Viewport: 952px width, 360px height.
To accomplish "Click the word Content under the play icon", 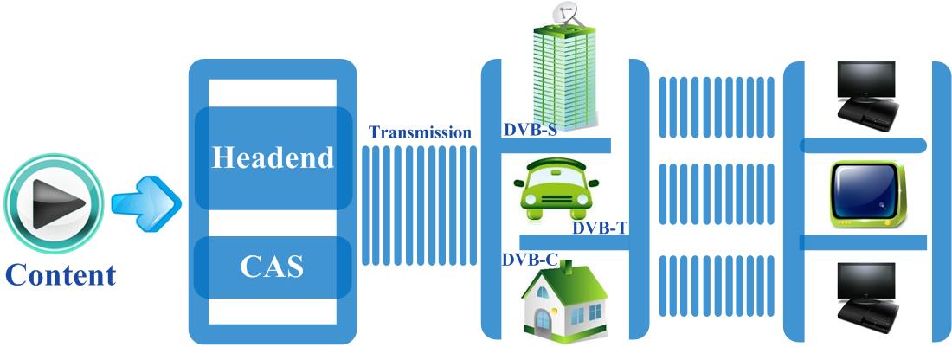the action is pyautogui.click(x=60, y=275).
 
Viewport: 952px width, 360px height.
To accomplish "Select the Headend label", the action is pyautogui.click(x=273, y=157).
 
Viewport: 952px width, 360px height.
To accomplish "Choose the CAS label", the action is pyautogui.click(x=272, y=266).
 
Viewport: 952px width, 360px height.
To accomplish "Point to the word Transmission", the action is pyautogui.click(x=420, y=132).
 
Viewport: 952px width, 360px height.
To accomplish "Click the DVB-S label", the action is pyautogui.click(x=530, y=129).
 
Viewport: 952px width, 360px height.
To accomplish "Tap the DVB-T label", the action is pyautogui.click(x=600, y=228).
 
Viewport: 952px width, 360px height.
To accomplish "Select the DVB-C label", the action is pyautogui.click(x=530, y=260).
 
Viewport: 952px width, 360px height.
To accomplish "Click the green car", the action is pyautogui.click(x=556, y=190).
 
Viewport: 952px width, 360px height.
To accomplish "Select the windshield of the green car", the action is pyautogui.click(x=556, y=173).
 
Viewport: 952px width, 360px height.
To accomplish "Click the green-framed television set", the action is pyautogui.click(x=865, y=194).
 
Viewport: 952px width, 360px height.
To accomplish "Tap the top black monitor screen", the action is pyautogui.click(x=865, y=78).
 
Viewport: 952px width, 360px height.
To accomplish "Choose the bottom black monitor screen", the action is pyautogui.click(x=865, y=280).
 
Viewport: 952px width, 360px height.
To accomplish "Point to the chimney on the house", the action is pyautogui.click(x=568, y=267).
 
